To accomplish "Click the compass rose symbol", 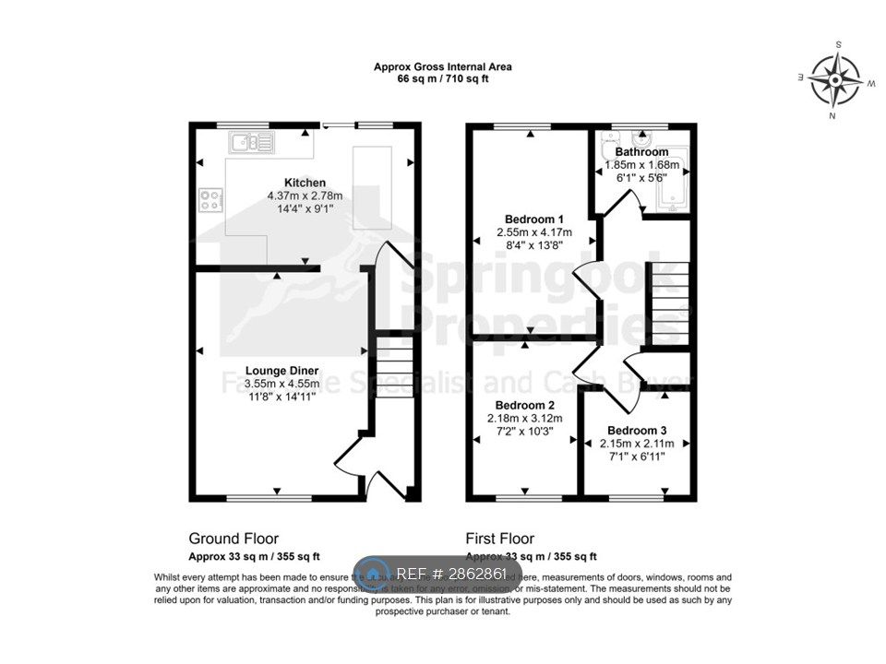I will [835, 79].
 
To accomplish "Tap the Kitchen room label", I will [305, 183].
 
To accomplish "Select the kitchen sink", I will [251, 143].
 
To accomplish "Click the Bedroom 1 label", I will [534, 219].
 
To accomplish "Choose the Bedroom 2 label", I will [524, 405].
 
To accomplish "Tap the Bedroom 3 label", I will [636, 430].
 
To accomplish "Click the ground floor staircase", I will [394, 369].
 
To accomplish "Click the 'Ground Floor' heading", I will [233, 539].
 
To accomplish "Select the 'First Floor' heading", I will [500, 539].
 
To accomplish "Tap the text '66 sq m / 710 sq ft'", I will [443, 79].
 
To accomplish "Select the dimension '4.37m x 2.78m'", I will [305, 196].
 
